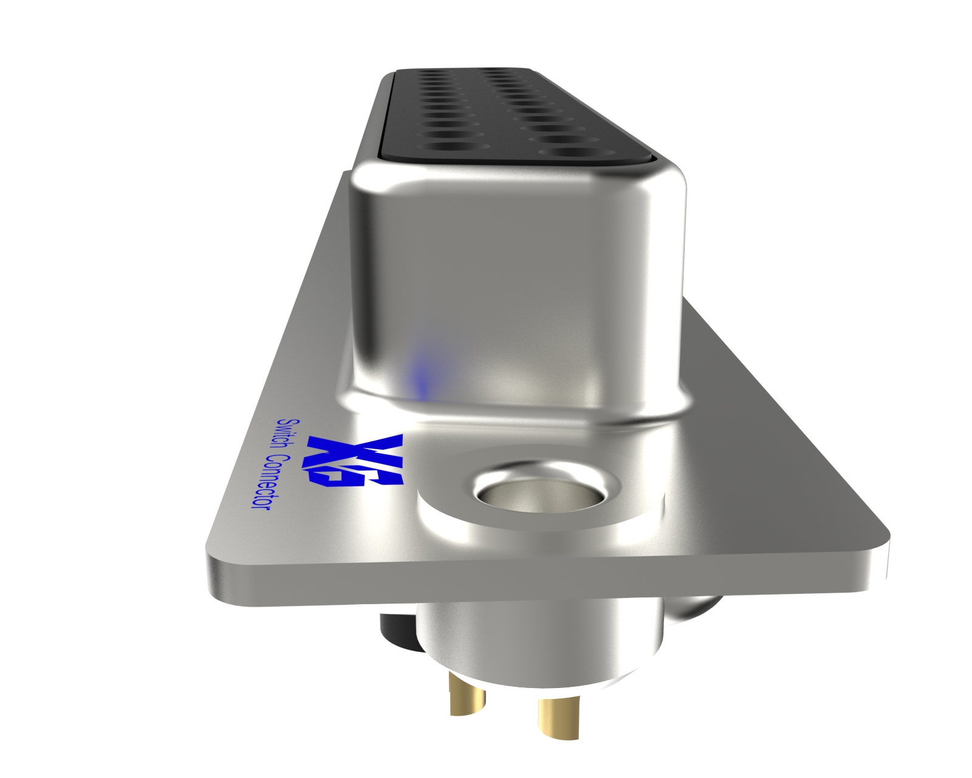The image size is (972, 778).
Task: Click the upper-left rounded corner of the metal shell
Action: pos(368,179)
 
